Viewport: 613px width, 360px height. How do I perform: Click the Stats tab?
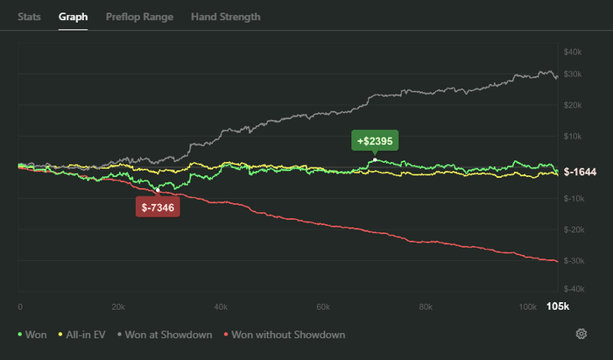pos(29,17)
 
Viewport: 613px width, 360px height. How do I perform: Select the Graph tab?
pos(73,17)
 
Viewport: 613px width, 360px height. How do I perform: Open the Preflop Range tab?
pos(138,17)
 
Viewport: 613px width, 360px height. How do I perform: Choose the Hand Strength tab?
pos(225,17)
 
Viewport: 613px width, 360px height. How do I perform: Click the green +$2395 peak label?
pos(375,140)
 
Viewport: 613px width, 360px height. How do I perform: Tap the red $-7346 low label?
pos(158,207)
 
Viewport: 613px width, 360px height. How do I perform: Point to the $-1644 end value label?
pos(580,173)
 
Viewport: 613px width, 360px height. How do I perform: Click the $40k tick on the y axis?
pos(574,53)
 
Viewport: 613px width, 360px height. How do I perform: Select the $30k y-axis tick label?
pos(574,74)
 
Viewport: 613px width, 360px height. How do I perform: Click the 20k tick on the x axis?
pos(119,307)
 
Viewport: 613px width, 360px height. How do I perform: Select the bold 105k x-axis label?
pos(558,306)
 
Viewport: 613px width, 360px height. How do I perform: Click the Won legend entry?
pos(34,335)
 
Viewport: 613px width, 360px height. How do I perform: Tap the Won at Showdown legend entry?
pos(168,335)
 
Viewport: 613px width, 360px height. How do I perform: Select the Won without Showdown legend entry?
pos(285,335)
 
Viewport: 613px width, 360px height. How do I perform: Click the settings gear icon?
pos(581,334)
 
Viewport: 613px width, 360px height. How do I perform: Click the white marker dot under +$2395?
pos(375,159)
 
